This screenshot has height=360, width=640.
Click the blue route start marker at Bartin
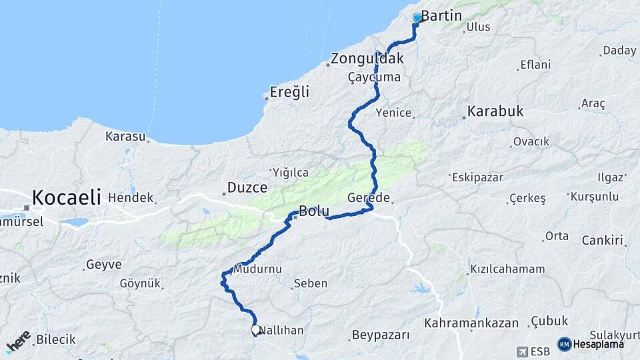pyautogui.click(x=417, y=18)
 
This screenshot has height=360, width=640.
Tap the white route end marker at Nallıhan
pyautogui.click(x=256, y=329)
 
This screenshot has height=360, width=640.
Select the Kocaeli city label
pyautogui.click(x=67, y=197)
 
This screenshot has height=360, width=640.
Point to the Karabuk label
pyautogui.click(x=495, y=111)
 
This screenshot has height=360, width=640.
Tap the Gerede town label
pyautogui.click(x=369, y=198)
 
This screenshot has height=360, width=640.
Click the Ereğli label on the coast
pyautogui.click(x=289, y=92)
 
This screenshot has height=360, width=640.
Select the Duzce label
pyautogui.click(x=247, y=187)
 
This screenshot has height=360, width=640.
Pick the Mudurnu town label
pyautogui.click(x=257, y=269)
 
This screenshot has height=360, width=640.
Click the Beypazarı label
pyautogui.click(x=381, y=335)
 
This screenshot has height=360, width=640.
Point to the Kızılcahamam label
pyautogui.click(x=507, y=269)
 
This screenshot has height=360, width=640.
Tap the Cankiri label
pyautogui.click(x=602, y=240)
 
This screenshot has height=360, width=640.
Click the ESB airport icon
pyautogui.click(x=521, y=351)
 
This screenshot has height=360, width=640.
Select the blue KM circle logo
pyautogui.click(x=564, y=344)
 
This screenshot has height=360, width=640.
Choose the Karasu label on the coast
pyautogui.click(x=125, y=137)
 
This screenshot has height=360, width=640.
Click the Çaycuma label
pyautogui.click(x=374, y=77)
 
